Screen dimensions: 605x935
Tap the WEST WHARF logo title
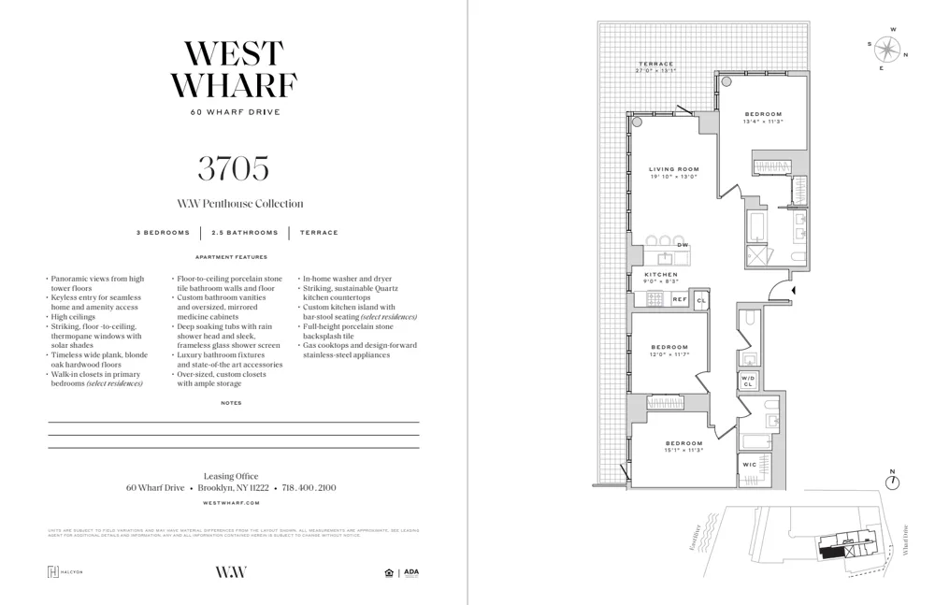(x=233, y=69)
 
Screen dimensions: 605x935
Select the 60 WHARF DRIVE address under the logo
(x=233, y=112)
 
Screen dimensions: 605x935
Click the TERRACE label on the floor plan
(x=656, y=65)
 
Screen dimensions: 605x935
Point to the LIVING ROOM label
(x=674, y=170)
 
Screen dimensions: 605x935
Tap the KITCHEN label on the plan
(x=662, y=275)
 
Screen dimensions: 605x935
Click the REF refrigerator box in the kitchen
(x=680, y=298)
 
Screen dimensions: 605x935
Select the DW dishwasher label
(x=683, y=245)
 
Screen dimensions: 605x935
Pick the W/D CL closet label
(x=748, y=381)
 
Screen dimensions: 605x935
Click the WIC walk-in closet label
(x=749, y=464)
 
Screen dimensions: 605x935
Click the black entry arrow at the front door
(x=793, y=292)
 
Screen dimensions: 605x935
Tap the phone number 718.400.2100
(x=309, y=488)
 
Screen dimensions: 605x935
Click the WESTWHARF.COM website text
(x=233, y=503)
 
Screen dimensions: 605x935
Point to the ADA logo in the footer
(x=410, y=572)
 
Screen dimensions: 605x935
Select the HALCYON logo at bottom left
(x=65, y=572)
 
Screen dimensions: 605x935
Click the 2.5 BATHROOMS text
(x=245, y=233)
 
